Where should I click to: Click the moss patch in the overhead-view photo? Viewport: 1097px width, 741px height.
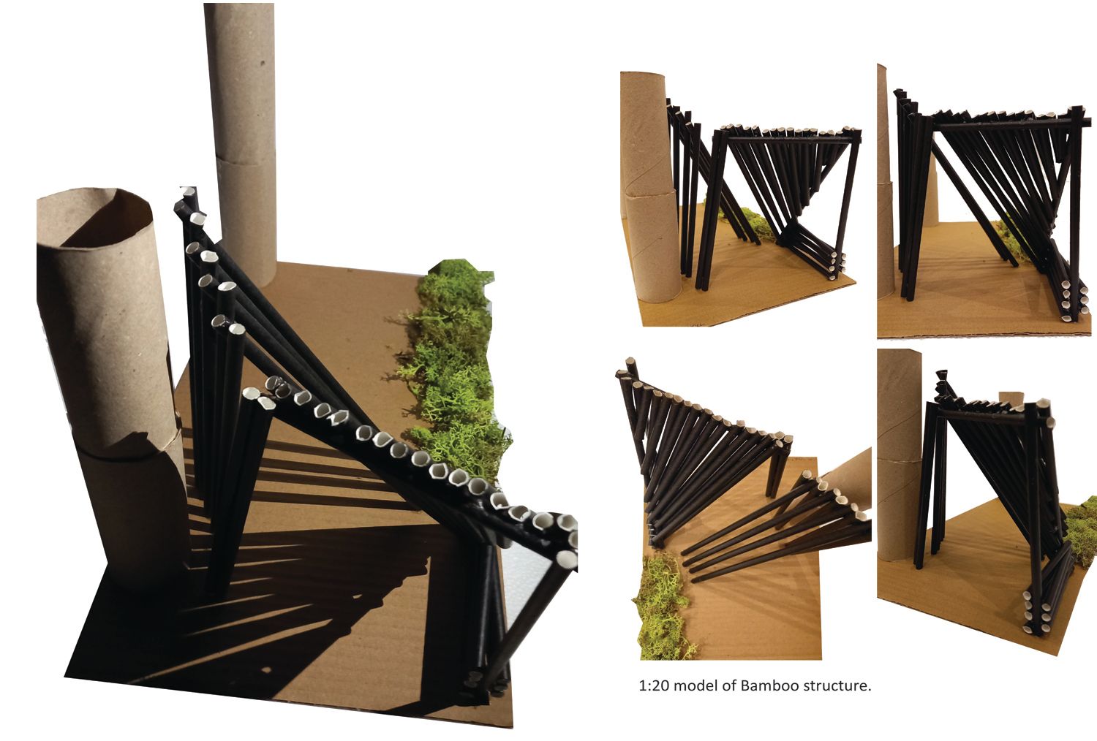tap(660, 607)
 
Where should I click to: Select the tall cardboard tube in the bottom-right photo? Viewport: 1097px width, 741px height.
tap(899, 455)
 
